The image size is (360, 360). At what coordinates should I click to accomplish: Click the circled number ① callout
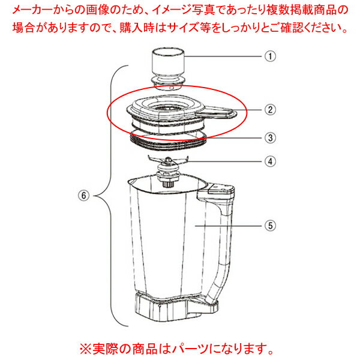click(271, 56)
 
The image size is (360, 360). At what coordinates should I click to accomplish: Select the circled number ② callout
click(271, 110)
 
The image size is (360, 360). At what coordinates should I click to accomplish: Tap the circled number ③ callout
click(271, 138)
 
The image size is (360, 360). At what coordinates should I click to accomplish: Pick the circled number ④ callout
click(271, 161)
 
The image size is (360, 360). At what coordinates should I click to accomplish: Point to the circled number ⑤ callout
click(271, 226)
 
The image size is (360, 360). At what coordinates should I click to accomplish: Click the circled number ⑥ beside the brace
click(84, 196)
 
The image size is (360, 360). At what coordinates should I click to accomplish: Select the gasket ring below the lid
click(167, 140)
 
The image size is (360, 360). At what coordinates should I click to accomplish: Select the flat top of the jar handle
click(220, 189)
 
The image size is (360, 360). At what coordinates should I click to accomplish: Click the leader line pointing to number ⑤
click(229, 226)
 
